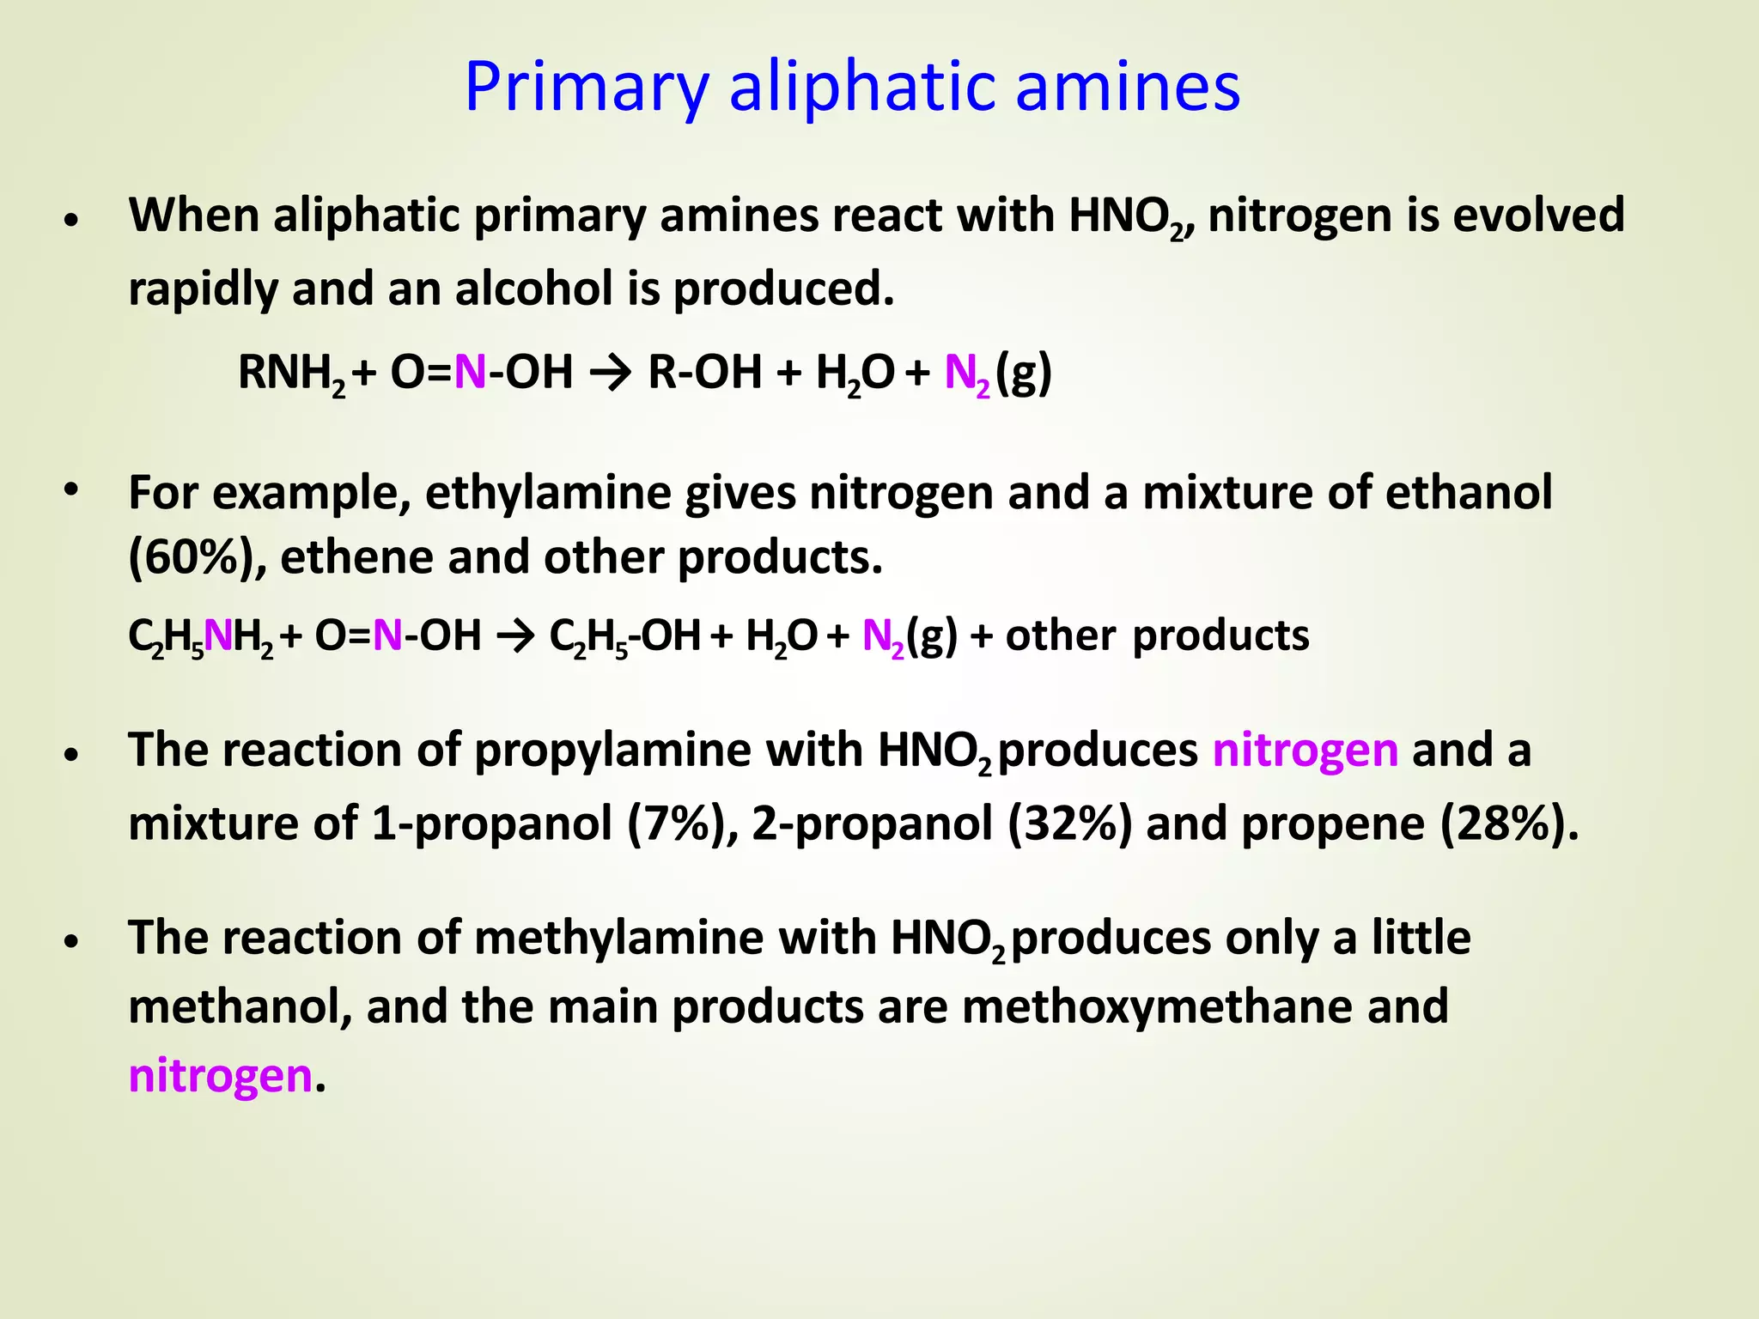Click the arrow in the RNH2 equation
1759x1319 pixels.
point(611,373)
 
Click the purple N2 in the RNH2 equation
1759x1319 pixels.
point(967,374)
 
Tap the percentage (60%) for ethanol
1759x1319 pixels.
point(197,557)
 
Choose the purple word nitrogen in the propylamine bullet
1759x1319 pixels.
point(1306,750)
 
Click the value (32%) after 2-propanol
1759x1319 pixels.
point(1069,824)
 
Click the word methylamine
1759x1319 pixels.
point(618,937)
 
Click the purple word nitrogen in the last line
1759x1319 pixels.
point(220,1076)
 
